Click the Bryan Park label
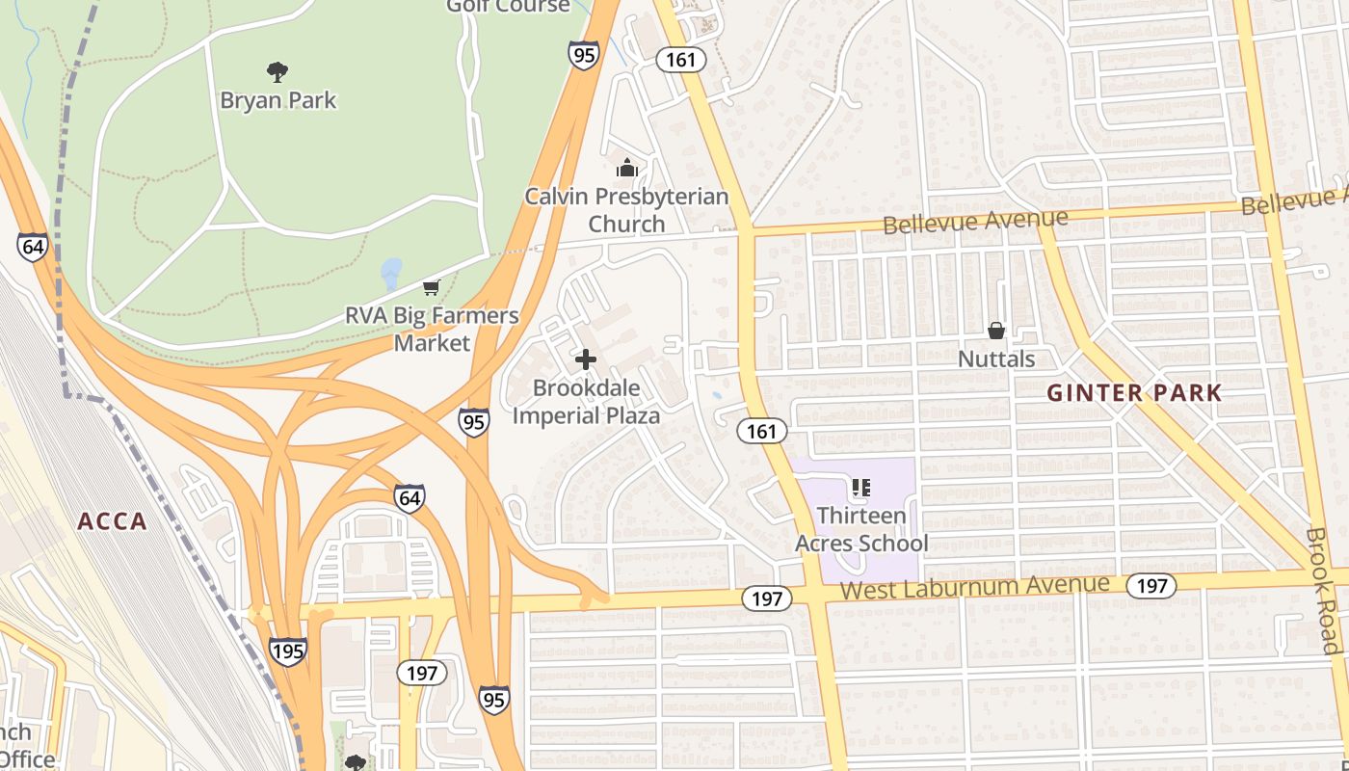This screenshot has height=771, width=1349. tap(278, 100)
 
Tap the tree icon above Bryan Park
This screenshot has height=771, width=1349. tap(278, 71)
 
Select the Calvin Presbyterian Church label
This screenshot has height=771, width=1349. tap(626, 210)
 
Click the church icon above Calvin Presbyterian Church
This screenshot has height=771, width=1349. tap(627, 169)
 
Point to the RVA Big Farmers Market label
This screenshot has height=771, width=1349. tap(432, 329)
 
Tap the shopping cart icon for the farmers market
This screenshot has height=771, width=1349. tap(431, 287)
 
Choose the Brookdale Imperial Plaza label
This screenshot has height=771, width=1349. tap(586, 402)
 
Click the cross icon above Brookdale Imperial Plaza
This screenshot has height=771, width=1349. tap(585, 359)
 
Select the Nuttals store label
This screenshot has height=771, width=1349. tap(996, 359)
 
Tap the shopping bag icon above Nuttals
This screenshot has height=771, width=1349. tap(996, 331)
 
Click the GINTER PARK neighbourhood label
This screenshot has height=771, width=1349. tap(1134, 393)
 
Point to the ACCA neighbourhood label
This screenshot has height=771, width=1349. tap(113, 522)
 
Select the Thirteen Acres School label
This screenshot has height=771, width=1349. tap(861, 529)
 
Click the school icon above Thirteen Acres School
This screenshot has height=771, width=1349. tap(861, 488)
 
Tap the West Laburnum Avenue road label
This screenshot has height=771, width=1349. tap(974, 587)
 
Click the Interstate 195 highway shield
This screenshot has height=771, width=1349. tap(288, 651)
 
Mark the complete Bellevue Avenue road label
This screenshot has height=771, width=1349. tap(975, 222)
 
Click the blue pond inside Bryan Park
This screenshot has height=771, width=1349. tap(391, 274)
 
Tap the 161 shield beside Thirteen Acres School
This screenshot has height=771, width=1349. tap(762, 431)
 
